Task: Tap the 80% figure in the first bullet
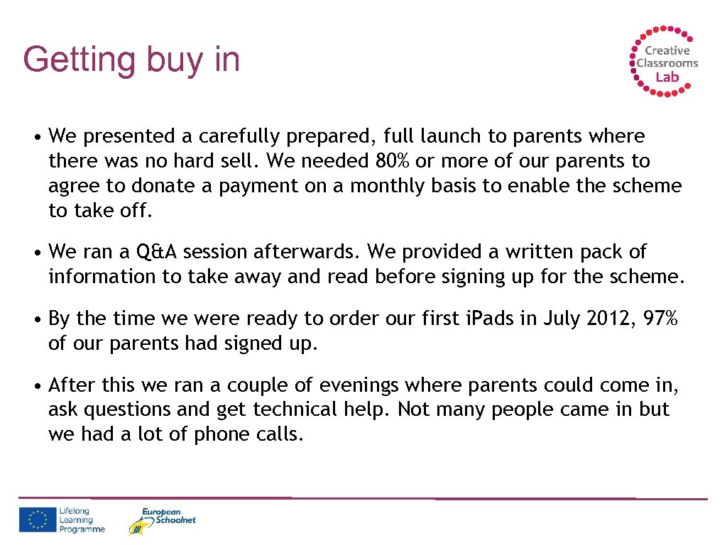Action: pyautogui.click(x=393, y=161)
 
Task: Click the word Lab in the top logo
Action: pyautogui.click(x=667, y=77)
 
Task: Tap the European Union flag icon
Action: pyautogui.click(x=37, y=520)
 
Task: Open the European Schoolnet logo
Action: pyautogui.click(x=161, y=521)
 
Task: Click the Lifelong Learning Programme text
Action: pyautogui.click(x=82, y=520)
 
